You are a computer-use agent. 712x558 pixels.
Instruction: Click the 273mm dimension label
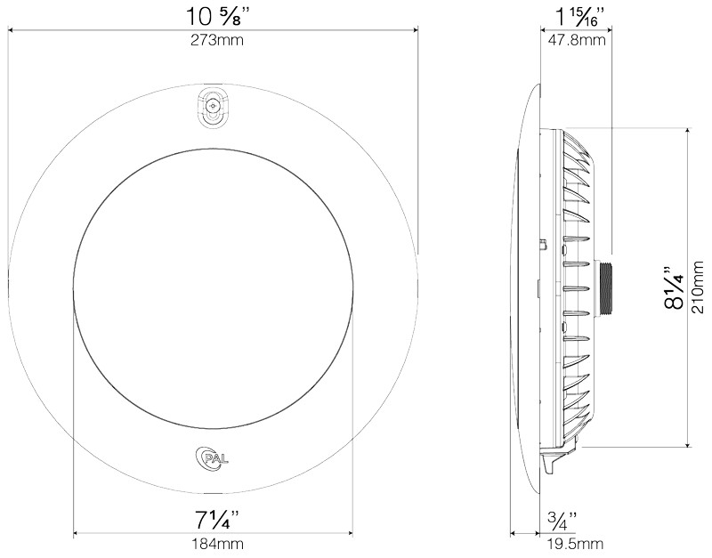(216, 40)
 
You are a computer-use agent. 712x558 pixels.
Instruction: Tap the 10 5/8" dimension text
(217, 17)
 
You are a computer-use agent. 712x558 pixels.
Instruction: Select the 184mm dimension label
(217, 544)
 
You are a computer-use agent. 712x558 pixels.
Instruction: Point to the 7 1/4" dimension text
(216, 521)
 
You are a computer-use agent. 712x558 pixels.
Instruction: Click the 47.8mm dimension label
(577, 40)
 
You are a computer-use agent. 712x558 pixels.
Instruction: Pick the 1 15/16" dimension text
(580, 17)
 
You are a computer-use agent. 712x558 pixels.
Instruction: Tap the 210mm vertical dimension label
(699, 287)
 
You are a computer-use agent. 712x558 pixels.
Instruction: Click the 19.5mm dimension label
(575, 544)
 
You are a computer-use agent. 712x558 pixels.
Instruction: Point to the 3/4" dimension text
(562, 521)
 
